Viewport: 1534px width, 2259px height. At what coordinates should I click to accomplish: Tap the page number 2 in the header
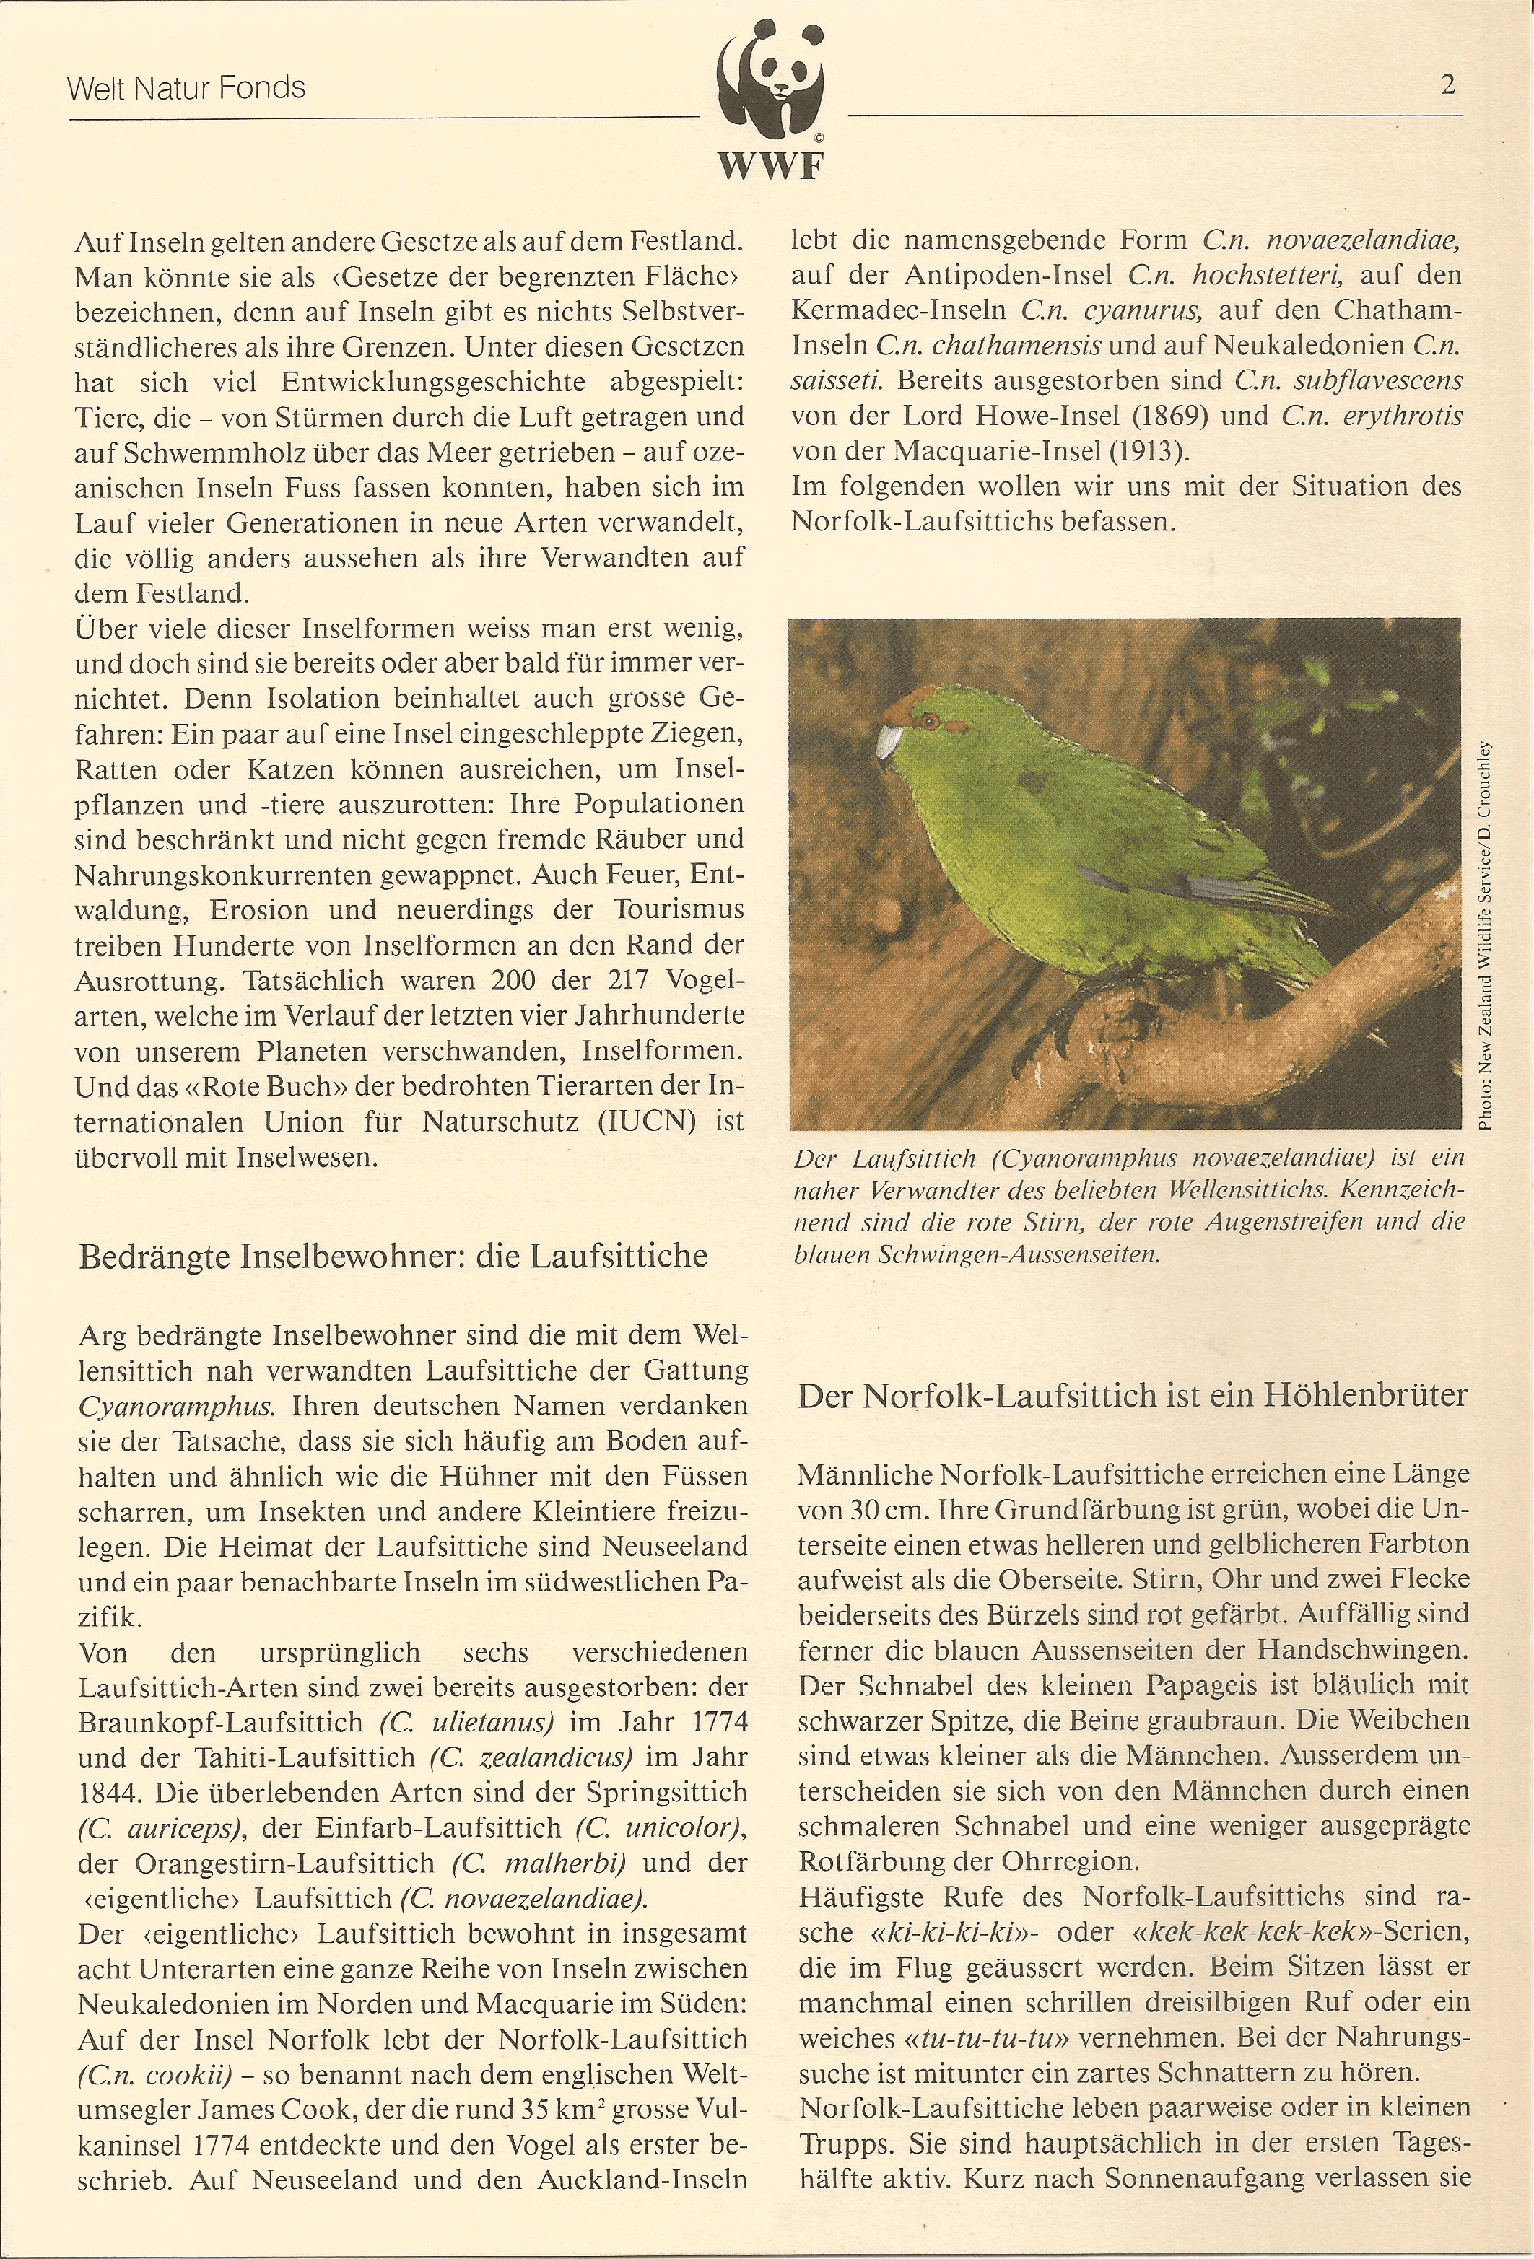pos(1447,86)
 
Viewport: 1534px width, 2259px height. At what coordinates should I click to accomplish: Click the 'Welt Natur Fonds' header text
pos(186,89)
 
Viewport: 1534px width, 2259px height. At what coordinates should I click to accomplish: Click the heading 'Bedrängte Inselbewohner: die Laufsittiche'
pos(393,1256)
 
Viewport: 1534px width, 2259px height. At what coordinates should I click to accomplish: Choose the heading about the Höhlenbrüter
pos(1131,1396)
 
